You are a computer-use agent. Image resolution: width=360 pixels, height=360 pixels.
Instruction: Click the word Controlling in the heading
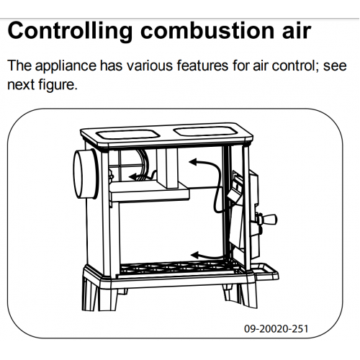tap(70, 31)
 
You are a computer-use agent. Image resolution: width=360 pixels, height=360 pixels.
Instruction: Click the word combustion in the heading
tap(207, 31)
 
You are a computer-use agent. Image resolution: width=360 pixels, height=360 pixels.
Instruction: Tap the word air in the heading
tap(297, 31)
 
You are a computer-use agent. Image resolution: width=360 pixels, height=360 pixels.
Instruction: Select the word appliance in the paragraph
tap(66, 66)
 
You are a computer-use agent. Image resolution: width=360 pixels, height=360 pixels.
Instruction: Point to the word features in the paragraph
tap(202, 66)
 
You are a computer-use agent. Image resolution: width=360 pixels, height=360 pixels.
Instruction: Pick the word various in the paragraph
tap(150, 66)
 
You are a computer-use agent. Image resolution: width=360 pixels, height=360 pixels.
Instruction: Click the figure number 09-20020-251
tap(276, 328)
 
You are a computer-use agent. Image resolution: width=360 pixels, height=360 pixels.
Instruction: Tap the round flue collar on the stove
tap(85, 174)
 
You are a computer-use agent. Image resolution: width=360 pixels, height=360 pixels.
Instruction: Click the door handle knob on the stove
tap(267, 219)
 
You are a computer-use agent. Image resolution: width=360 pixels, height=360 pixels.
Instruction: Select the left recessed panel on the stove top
tap(128, 135)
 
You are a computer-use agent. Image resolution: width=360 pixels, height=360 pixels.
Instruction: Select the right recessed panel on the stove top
tap(206, 131)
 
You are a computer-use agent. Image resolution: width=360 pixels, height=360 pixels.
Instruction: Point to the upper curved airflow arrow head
tap(193, 162)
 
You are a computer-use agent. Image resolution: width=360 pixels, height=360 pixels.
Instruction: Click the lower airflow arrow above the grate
tap(207, 256)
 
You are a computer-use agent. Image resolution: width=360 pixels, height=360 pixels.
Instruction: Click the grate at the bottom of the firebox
tap(179, 268)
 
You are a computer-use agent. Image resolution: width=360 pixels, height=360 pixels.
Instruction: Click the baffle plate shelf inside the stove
tap(150, 191)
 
